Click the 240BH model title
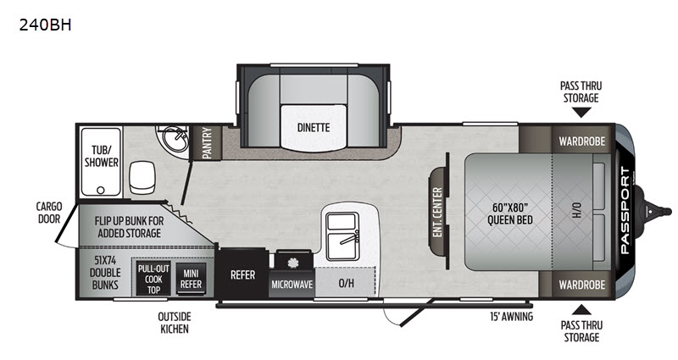(x=45, y=25)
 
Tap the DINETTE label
(x=314, y=128)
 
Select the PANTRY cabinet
(x=207, y=143)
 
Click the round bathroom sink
(x=176, y=139)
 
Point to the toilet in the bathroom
(x=142, y=178)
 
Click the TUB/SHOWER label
(x=102, y=156)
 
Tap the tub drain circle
(x=101, y=190)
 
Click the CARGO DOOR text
(x=49, y=213)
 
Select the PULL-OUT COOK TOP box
(x=153, y=279)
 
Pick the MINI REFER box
(x=191, y=279)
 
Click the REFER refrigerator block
(x=242, y=274)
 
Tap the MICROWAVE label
(x=292, y=285)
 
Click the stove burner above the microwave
(x=293, y=262)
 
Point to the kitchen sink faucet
(x=350, y=237)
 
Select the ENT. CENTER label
(x=437, y=213)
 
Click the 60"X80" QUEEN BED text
(x=510, y=214)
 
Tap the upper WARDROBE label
(x=581, y=141)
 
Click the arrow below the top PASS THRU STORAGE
(x=581, y=113)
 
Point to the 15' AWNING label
(x=511, y=317)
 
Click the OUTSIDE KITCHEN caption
(x=175, y=323)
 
